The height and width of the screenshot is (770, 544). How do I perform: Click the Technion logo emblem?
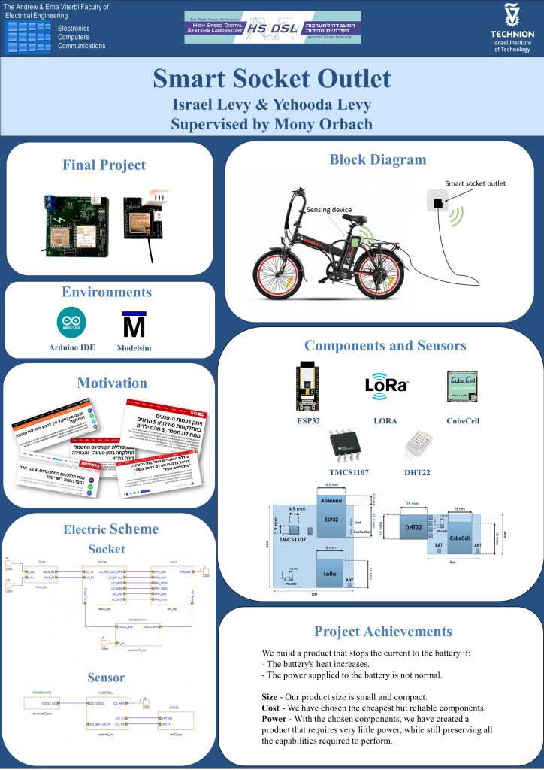[512, 16]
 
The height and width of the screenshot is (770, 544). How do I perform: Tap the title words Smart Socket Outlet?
[271, 79]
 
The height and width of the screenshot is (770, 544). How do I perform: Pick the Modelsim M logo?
[134, 326]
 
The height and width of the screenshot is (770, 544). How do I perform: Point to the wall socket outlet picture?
[437, 201]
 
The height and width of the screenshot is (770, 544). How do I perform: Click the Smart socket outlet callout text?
[475, 183]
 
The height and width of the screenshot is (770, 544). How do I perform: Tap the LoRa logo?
[385, 385]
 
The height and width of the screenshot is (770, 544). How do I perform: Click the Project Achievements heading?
[382, 631]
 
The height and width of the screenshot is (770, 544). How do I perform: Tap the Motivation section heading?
[112, 383]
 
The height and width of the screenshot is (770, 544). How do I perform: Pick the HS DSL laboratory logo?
[273, 27]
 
